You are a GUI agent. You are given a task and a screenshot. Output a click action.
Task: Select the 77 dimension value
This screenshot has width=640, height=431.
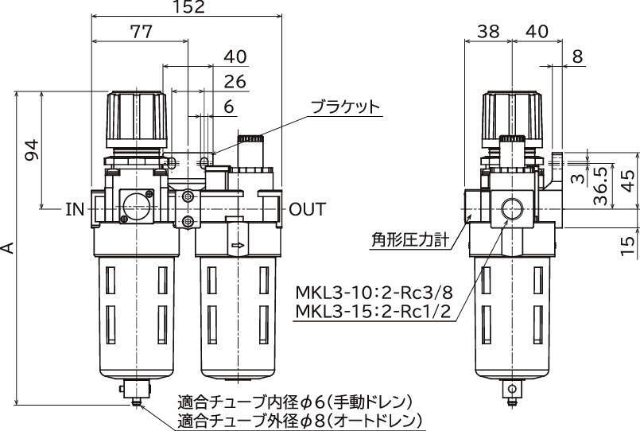coord(142,32)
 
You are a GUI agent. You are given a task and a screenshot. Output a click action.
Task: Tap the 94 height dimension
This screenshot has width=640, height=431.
coord(32,149)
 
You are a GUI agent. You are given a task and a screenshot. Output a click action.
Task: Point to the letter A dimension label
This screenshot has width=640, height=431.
coord(9,247)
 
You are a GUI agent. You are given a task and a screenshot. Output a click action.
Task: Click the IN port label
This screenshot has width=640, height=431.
coord(75,209)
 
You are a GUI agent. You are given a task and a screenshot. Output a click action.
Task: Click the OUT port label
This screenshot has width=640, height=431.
coord(308,209)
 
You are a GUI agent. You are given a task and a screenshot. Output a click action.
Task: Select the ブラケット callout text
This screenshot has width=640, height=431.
coord(345,107)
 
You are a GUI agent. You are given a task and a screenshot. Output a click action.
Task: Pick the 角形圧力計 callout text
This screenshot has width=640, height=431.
coord(410,240)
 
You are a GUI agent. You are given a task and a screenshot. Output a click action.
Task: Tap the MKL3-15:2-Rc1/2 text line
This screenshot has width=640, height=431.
coord(373,312)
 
